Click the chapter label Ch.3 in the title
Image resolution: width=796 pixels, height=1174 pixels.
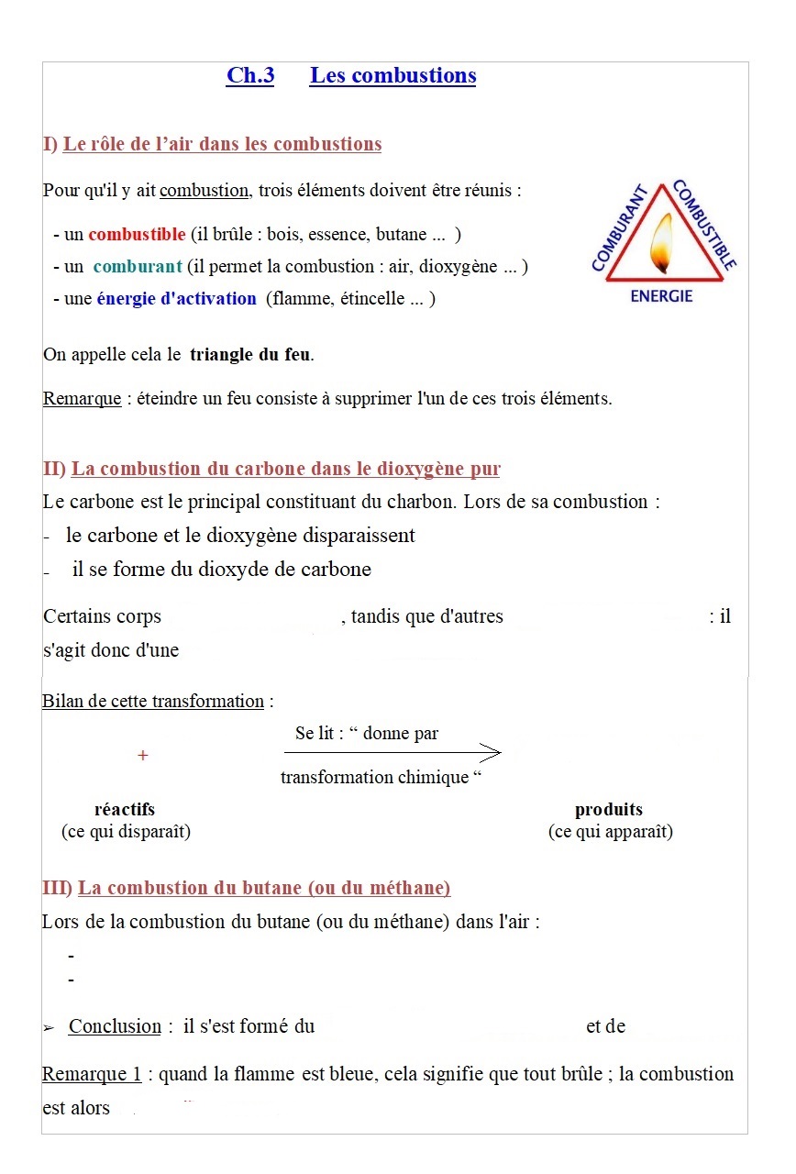pyautogui.click(x=249, y=76)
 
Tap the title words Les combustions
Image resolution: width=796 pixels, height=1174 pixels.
pyautogui.click(x=392, y=76)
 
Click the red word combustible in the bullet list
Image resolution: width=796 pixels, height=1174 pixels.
pyautogui.click(x=137, y=235)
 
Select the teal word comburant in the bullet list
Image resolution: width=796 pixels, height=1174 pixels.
pyautogui.click(x=138, y=267)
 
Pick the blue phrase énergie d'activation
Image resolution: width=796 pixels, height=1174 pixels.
pyautogui.click(x=177, y=299)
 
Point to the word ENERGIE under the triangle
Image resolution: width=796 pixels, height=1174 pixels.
pyautogui.click(x=661, y=297)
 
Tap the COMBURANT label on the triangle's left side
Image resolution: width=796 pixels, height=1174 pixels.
pyautogui.click(x=620, y=229)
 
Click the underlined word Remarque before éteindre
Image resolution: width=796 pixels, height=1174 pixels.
pyautogui.click(x=82, y=400)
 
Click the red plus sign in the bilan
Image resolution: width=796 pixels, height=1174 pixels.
pyautogui.click(x=142, y=756)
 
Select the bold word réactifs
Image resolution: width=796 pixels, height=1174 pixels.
pyautogui.click(x=125, y=810)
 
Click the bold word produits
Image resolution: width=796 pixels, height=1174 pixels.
pyautogui.click(x=609, y=810)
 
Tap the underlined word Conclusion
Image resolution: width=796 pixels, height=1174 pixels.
pyautogui.click(x=115, y=1027)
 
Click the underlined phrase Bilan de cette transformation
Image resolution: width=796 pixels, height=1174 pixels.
pyautogui.click(x=153, y=702)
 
